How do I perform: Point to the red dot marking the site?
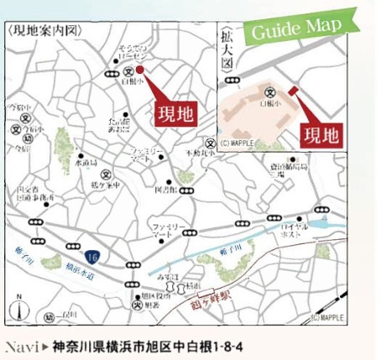point(140,70)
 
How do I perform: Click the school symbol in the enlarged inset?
point(269,91)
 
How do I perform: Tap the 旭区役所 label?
point(153,299)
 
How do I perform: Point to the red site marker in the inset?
point(293,91)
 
